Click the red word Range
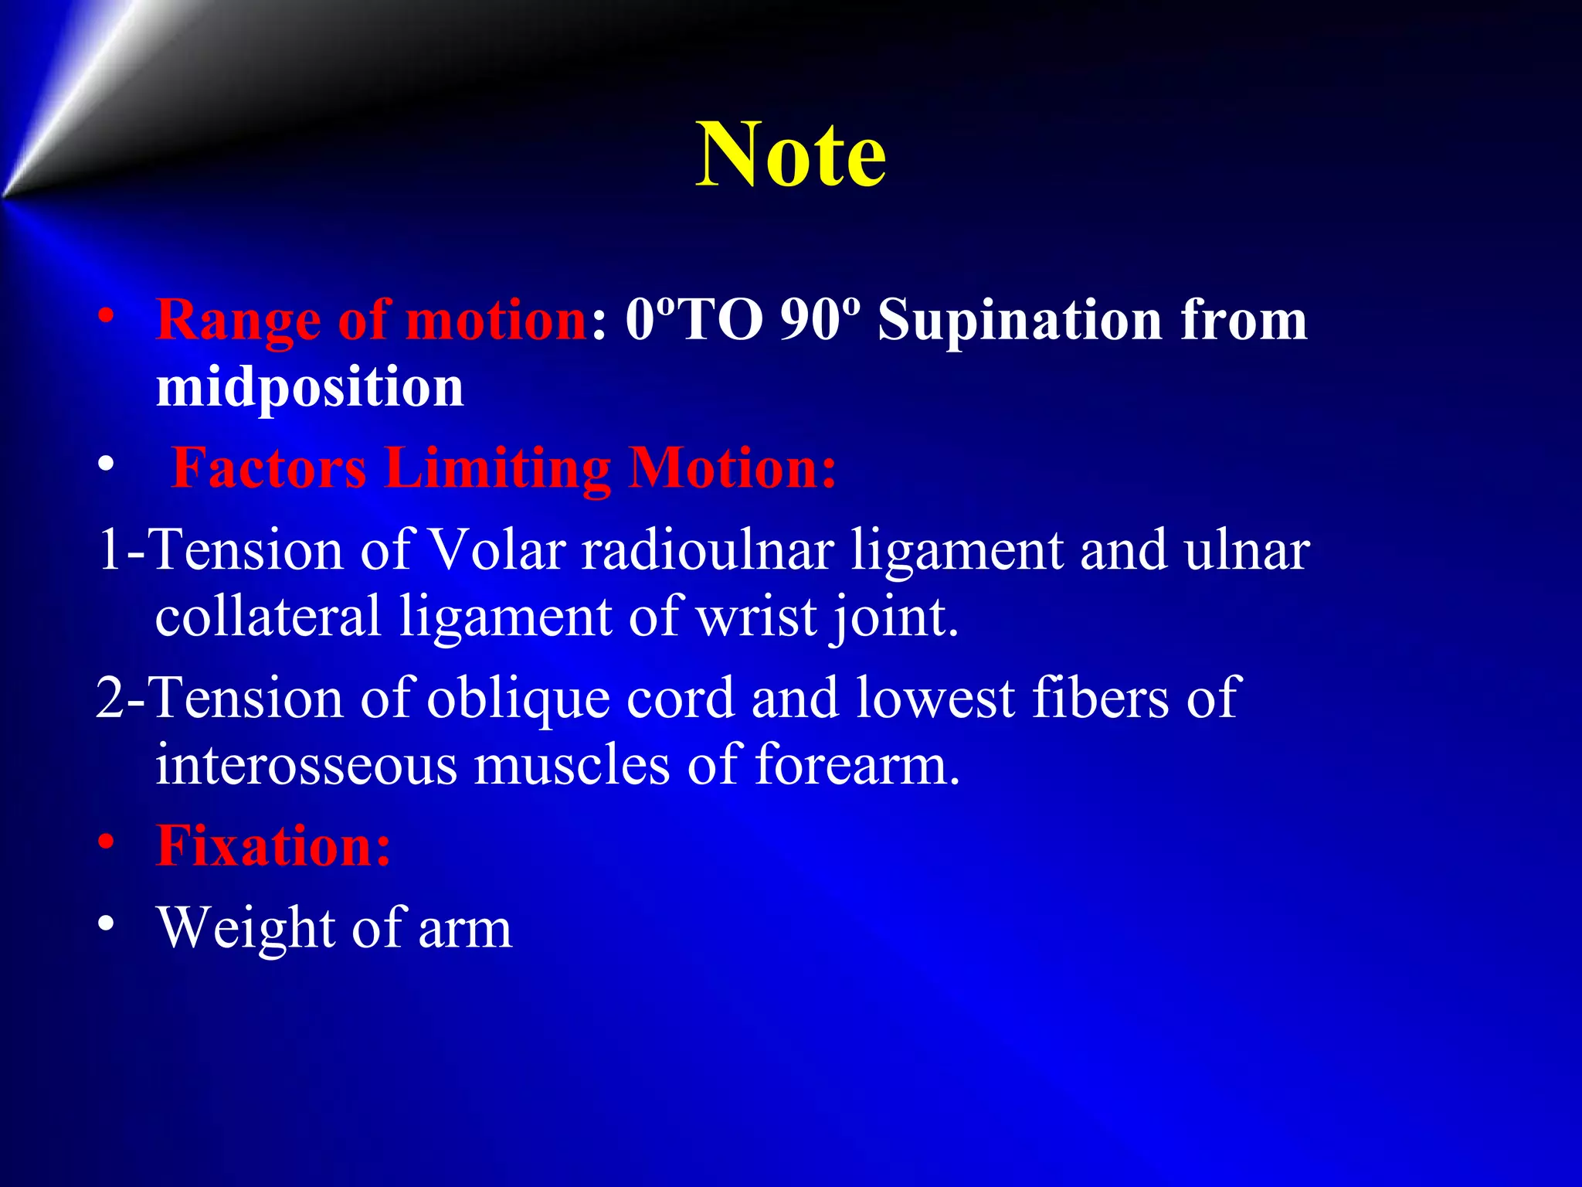tap(238, 321)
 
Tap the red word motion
tap(497, 319)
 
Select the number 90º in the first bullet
tap(820, 319)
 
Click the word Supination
tap(1020, 321)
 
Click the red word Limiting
tap(497, 468)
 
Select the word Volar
tap(497, 550)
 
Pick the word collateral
tap(268, 617)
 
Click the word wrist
tap(756, 617)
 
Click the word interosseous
tap(307, 765)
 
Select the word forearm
tap(857, 765)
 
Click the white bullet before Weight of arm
tap(107, 924)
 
